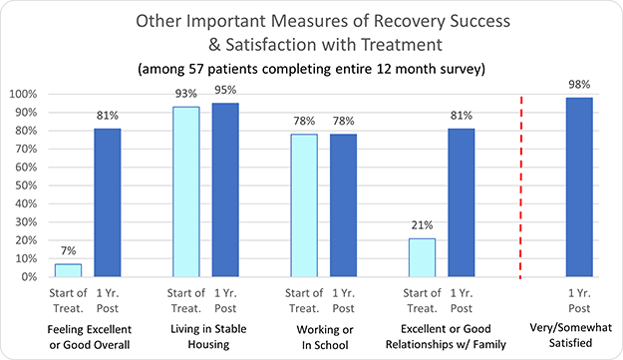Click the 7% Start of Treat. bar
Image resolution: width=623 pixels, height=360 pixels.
[x=68, y=270]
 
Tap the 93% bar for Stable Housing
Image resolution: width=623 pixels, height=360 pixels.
[x=185, y=191]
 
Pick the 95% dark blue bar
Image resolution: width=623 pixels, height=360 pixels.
[x=224, y=189]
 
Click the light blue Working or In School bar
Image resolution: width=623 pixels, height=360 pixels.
[x=303, y=205]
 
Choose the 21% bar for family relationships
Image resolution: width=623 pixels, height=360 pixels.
[x=421, y=257]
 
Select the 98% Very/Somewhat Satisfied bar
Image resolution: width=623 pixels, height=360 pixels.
[x=578, y=186]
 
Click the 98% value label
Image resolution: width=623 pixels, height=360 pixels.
[x=578, y=87]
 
